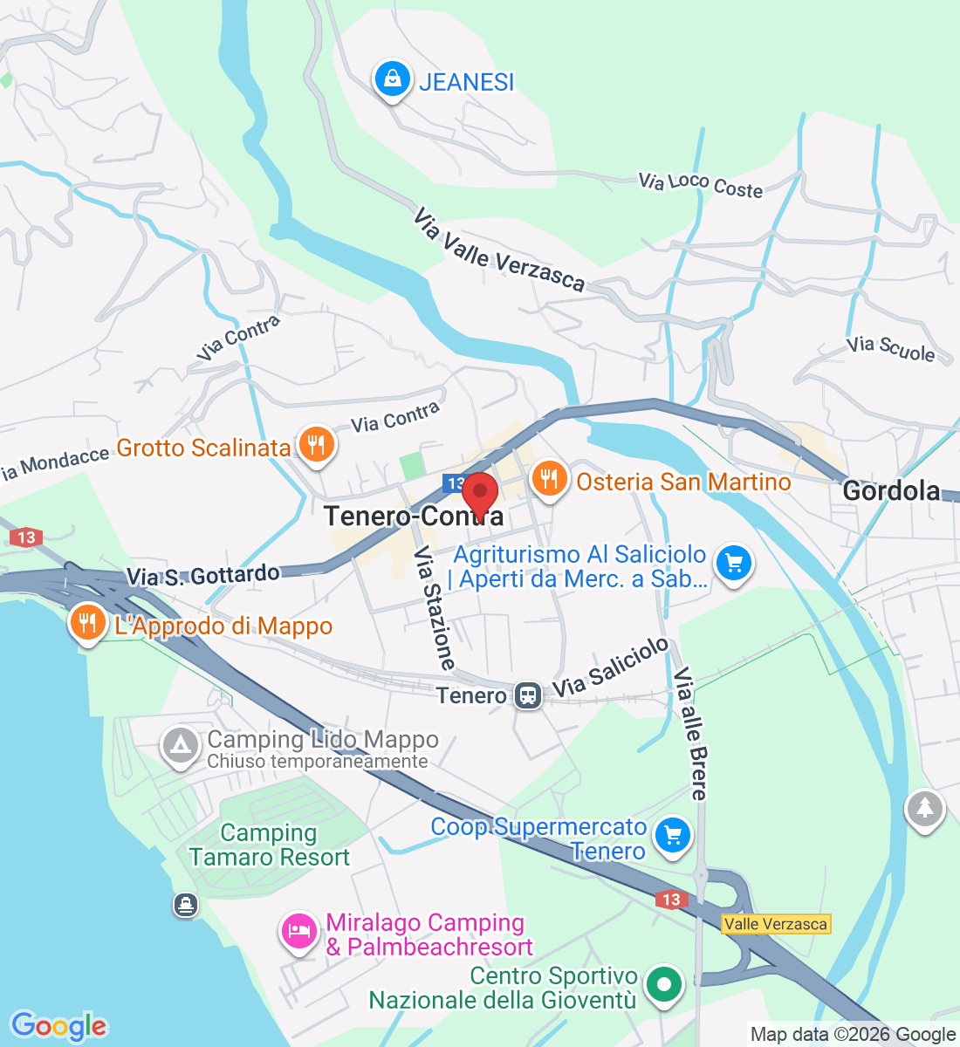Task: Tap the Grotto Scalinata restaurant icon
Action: click(316, 446)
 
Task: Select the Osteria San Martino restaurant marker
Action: click(549, 479)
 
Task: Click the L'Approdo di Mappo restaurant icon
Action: click(87, 623)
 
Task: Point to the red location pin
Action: click(479, 495)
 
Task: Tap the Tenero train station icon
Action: click(527, 695)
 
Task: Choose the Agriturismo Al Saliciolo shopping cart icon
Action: click(733, 564)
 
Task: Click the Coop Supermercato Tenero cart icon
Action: click(672, 836)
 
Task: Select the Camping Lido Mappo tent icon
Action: click(181, 746)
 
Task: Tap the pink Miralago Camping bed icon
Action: click(298, 931)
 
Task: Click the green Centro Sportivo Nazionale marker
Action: click(664, 985)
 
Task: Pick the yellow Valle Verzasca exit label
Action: click(776, 924)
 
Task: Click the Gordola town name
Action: click(891, 490)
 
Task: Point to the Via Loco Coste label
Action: click(700, 185)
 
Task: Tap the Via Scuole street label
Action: click(890, 349)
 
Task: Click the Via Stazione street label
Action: click(435, 607)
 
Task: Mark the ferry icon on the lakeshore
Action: click(185, 904)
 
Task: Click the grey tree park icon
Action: click(924, 809)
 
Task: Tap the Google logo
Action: click(58, 1026)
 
